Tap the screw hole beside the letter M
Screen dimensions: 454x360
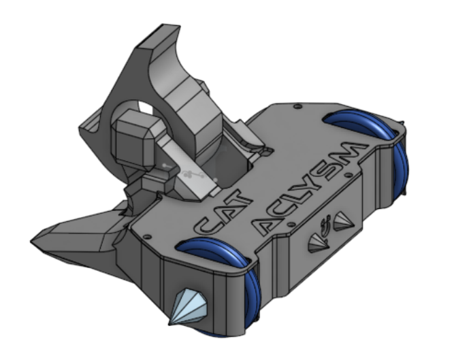click(x=349, y=175)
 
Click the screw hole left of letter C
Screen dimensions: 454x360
click(x=148, y=237)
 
